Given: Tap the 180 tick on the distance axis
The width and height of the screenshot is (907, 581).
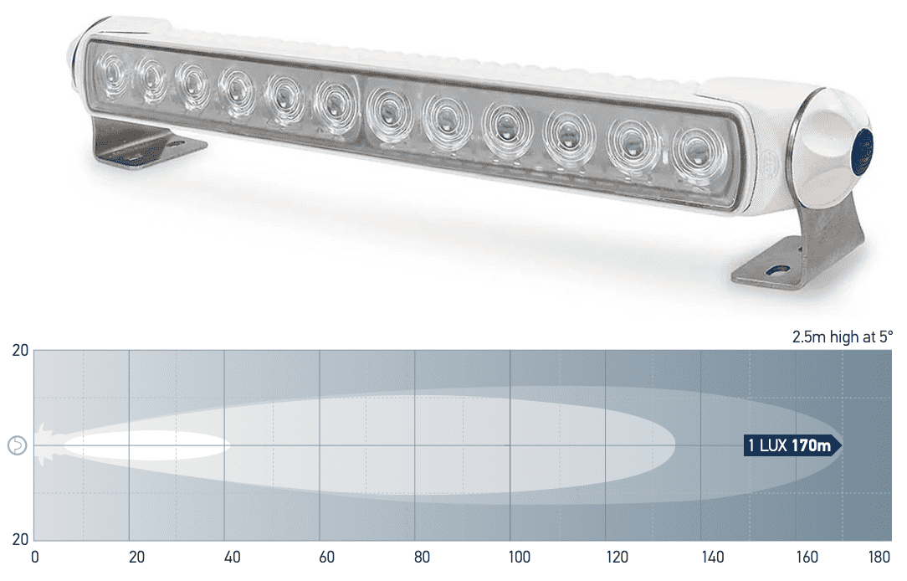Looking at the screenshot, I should (879, 557).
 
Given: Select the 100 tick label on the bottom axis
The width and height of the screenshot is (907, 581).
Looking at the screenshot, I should (520, 557).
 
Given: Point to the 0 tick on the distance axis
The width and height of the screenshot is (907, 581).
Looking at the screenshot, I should (34, 557).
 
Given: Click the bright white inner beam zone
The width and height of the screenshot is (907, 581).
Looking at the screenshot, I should (146, 445).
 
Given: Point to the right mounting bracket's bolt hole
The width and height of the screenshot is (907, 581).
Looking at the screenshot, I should (778, 272).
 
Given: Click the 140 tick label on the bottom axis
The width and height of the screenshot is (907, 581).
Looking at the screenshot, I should (714, 557).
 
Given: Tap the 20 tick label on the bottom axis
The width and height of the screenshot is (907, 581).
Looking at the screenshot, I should (136, 557).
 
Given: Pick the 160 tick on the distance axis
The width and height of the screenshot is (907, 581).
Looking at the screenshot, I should (808, 557).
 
